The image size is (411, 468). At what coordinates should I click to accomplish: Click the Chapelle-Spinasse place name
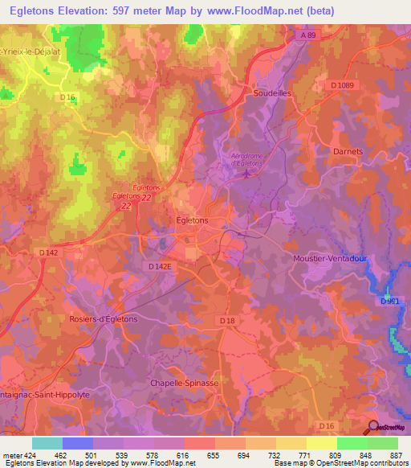pos(185,384)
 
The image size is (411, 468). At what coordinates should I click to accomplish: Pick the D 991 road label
pos(389,301)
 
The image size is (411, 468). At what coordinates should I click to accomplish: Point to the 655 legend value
pos(213,454)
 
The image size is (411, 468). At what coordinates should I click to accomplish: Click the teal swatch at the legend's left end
pos(47,443)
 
